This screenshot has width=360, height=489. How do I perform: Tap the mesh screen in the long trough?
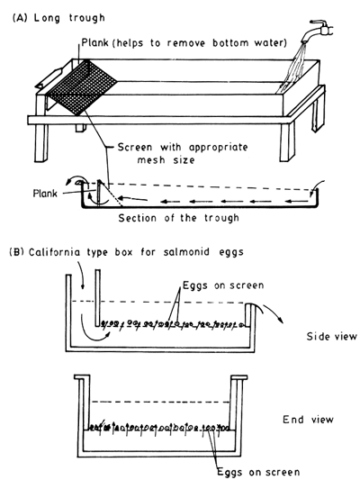point(83,87)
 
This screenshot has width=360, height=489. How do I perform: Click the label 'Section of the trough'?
point(178,218)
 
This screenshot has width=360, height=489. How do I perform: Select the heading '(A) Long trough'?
point(58,18)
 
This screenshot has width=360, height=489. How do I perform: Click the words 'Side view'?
point(331,337)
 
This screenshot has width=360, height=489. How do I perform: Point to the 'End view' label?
point(308,420)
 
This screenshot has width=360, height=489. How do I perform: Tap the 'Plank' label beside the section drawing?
point(45,194)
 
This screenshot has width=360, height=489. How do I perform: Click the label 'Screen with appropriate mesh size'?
point(183,153)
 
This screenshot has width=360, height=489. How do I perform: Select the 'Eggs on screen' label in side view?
point(223,285)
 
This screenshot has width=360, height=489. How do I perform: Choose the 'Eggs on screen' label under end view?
point(258,472)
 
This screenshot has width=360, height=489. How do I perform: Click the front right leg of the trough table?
point(287,142)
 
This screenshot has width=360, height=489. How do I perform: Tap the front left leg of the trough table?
point(41,143)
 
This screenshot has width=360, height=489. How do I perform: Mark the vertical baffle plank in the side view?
point(97,298)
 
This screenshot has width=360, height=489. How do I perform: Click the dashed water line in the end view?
point(161,402)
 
